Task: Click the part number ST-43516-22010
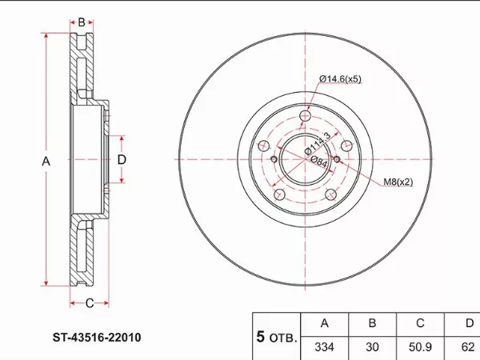[97, 338]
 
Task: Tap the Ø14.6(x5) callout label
[340, 79]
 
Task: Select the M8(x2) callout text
[398, 182]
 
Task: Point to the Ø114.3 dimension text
[318, 143]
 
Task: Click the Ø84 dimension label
[319, 161]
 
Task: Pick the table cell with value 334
[325, 347]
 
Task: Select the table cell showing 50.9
[420, 347]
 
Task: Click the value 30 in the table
[372, 347]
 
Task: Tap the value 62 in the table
[468, 347]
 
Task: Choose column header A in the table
[325, 323]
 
